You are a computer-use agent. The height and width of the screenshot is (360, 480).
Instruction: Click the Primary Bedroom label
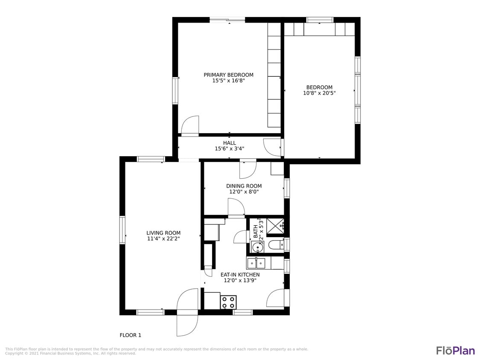[x=228, y=75]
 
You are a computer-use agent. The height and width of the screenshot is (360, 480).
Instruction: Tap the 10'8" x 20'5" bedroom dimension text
[x=319, y=93]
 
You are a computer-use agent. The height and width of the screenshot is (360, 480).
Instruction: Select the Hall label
[x=229, y=143]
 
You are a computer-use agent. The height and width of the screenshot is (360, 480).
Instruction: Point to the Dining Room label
[x=244, y=186]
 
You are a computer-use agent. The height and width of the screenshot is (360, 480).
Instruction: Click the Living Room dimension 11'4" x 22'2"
[x=163, y=239]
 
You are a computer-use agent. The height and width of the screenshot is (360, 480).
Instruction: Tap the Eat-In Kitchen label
[x=240, y=275]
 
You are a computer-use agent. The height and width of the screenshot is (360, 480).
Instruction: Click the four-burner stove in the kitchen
[x=228, y=302]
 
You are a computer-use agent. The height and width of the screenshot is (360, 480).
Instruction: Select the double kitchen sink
[x=256, y=263]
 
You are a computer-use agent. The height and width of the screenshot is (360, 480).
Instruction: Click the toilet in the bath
[x=275, y=245]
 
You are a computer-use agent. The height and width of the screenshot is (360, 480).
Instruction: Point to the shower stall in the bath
[x=275, y=226]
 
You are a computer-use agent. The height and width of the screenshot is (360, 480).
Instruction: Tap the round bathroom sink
[x=257, y=247]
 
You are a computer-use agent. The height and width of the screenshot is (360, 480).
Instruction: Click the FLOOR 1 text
[x=130, y=335]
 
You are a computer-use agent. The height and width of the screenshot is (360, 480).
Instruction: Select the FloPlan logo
[x=455, y=351]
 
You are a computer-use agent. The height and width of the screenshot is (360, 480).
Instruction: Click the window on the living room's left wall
[x=122, y=230]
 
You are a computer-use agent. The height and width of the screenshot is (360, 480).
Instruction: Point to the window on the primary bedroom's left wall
[x=175, y=90]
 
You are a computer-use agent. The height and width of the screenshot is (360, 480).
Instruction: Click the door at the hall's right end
[x=272, y=147]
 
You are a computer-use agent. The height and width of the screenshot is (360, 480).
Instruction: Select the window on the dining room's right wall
[x=287, y=188]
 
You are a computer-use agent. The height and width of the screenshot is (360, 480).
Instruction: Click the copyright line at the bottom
[x=71, y=354]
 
